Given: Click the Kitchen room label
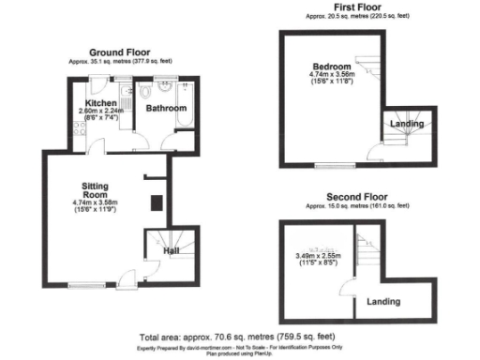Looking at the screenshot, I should coord(100,101).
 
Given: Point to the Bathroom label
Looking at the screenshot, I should coord(165,109).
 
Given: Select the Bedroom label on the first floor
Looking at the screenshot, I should coord(332,67).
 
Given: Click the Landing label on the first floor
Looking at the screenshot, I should coord(405,124).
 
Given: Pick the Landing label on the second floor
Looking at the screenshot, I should coord(382,302).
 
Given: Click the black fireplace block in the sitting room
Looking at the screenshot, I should coord(156,201).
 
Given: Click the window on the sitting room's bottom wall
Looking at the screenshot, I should coord(84,285).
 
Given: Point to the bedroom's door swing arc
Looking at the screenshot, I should coord(373,154).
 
